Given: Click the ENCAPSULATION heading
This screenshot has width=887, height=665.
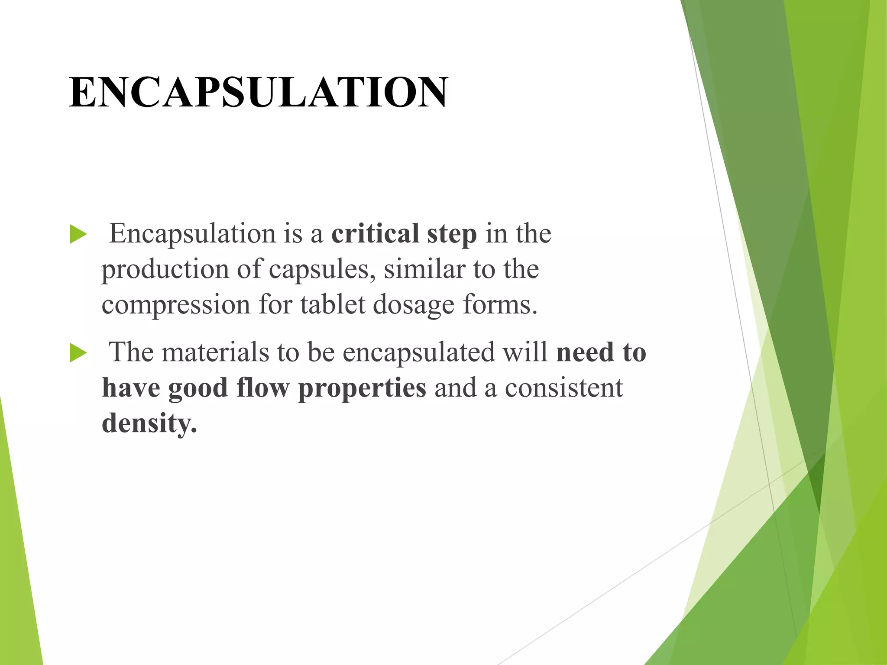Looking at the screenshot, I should pos(259,92).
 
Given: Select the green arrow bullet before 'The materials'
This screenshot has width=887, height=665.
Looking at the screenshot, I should pos(78,353).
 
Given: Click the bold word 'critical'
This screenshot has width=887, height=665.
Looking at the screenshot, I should pos(375,234).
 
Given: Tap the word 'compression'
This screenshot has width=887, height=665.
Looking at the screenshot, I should pos(176,305).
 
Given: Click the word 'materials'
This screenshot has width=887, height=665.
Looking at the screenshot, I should pos(216,352).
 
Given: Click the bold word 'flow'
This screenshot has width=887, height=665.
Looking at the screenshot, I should pos(263,387).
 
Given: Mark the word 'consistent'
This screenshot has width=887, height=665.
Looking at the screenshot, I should pos(564,388).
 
